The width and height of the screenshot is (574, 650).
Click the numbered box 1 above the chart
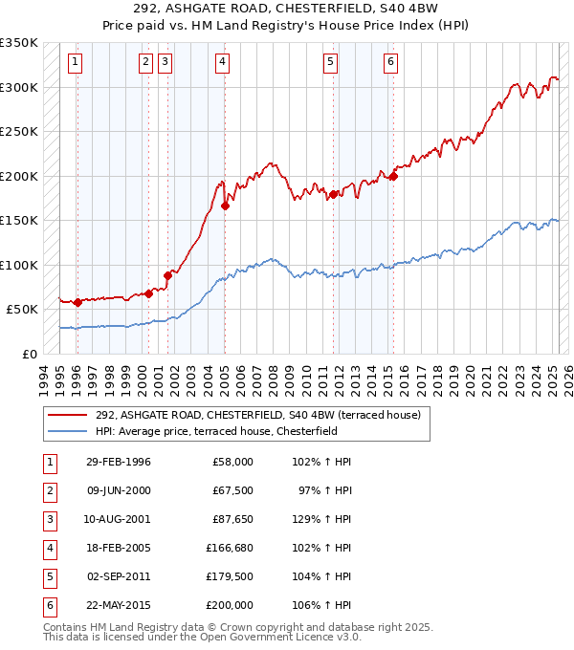click(x=75, y=63)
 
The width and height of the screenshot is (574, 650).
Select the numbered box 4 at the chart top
click(x=222, y=63)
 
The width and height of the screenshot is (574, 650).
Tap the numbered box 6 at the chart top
click(x=390, y=63)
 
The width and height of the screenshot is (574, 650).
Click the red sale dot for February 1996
click(x=77, y=302)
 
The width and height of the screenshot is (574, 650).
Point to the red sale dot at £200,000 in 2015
click(x=393, y=176)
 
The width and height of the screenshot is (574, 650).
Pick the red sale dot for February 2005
click(x=225, y=206)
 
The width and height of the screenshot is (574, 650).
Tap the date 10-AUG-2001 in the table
click(x=118, y=521)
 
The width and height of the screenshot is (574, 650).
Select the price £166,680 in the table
click(x=229, y=549)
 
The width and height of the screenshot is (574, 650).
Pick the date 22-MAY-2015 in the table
click(x=118, y=605)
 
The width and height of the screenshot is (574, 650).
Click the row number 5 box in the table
click(x=47, y=577)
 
